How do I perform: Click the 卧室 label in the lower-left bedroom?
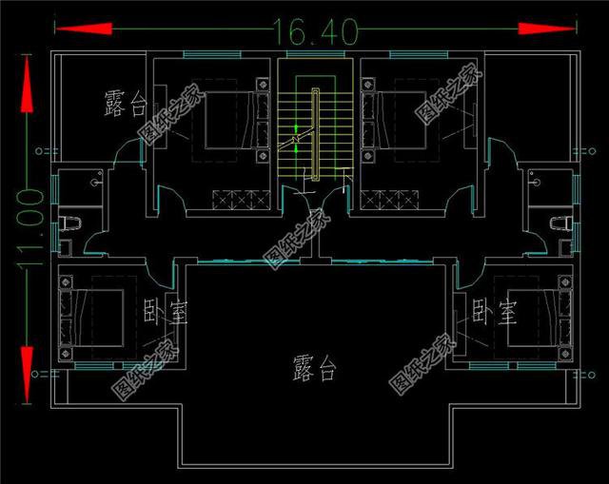(165, 311)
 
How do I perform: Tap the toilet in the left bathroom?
(69, 222)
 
